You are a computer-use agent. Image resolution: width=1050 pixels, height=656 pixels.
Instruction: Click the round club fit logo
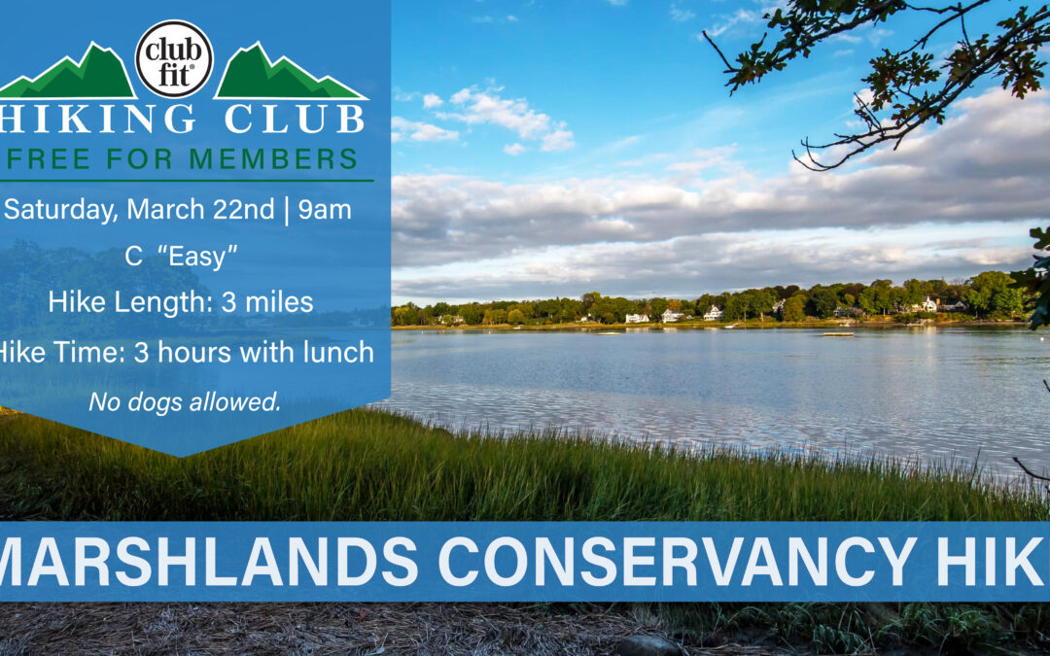[174, 59]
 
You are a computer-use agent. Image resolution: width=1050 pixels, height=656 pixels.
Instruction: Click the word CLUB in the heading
[295, 119]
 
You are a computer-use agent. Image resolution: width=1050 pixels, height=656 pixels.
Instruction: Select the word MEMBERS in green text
[273, 158]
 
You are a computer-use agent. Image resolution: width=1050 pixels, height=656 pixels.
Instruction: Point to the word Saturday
[60, 210]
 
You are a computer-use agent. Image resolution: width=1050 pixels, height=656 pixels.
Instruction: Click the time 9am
[325, 210]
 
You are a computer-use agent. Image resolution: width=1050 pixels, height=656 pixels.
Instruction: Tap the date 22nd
[244, 210]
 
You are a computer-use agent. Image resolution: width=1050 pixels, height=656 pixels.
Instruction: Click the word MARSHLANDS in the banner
[208, 561]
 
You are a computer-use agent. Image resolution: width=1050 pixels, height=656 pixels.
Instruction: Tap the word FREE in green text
[49, 158]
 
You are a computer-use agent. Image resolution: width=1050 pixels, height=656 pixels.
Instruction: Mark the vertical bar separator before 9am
[287, 210]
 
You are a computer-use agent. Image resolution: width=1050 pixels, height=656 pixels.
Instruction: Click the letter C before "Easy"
[133, 257]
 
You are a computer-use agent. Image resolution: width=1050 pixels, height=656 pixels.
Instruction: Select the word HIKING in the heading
[98, 119]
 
